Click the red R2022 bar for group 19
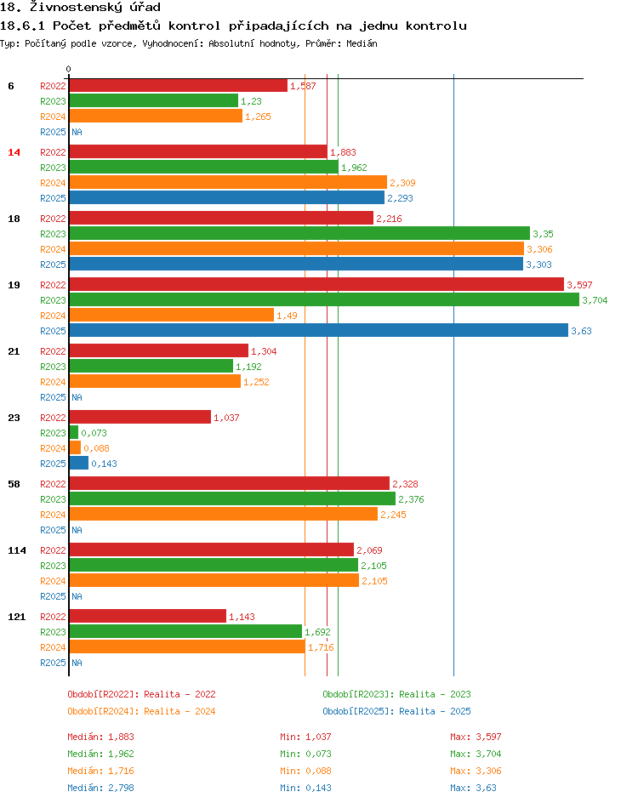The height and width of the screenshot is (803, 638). (316, 284)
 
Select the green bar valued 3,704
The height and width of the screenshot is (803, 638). (323, 299)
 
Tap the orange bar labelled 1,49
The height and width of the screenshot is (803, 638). (171, 315)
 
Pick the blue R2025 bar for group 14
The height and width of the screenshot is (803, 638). (226, 197)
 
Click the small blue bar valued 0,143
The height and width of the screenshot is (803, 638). (78, 463)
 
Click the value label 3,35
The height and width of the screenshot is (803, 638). (543, 234)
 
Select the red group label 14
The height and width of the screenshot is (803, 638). (14, 152)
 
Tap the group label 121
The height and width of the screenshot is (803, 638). (17, 617)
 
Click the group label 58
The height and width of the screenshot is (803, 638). (14, 484)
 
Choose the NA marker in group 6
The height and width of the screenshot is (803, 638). (77, 132)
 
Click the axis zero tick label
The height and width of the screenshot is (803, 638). (68, 69)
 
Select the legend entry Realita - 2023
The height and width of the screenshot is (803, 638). (396, 694)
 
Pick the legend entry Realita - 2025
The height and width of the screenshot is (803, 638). (396, 711)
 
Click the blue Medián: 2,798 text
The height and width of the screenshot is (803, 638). (100, 788)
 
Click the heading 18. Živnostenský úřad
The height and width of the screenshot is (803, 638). (81, 8)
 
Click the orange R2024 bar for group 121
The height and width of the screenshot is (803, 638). (186, 646)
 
